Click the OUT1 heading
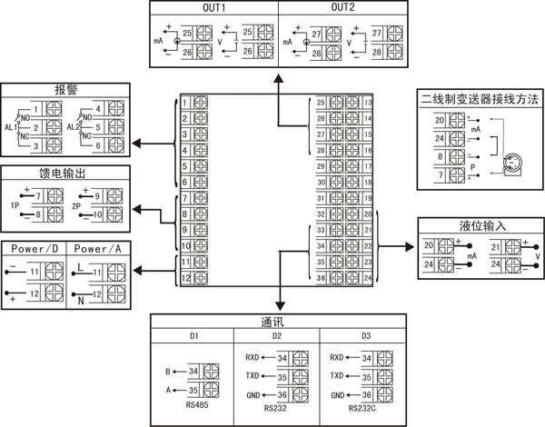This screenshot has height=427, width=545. pyautogui.click(x=214, y=9)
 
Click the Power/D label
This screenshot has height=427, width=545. pyautogui.click(x=34, y=248)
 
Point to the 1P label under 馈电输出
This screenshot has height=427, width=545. pyautogui.click(x=15, y=205)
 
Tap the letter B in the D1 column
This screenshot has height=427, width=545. pyautogui.click(x=168, y=371)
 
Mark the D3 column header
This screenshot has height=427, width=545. pyautogui.click(x=365, y=336)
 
